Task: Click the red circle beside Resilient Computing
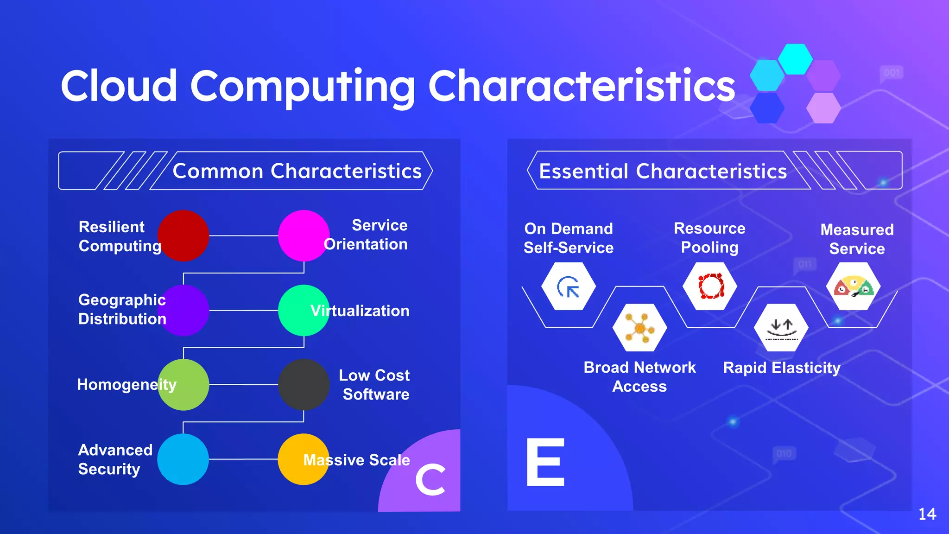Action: pyautogui.click(x=183, y=235)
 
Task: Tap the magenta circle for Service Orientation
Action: pyautogui.click(x=304, y=235)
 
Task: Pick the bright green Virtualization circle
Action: pyautogui.click(x=304, y=310)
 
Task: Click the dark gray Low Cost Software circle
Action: pyautogui.click(x=304, y=385)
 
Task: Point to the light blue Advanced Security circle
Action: pyautogui.click(x=183, y=459)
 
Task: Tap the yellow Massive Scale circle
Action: pyautogui.click(x=304, y=459)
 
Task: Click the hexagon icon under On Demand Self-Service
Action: pyautogui.click(x=569, y=286)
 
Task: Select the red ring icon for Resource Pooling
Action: pyautogui.click(x=710, y=286)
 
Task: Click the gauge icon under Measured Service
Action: pyautogui.click(x=854, y=286)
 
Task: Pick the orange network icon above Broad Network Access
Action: pyautogui.click(x=639, y=328)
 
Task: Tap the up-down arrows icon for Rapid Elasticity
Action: pyautogui.click(x=781, y=328)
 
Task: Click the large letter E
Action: pyautogui.click(x=546, y=462)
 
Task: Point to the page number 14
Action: pyautogui.click(x=927, y=514)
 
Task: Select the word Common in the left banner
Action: pyautogui.click(x=218, y=171)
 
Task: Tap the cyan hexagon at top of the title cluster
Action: pyautogui.click(x=795, y=59)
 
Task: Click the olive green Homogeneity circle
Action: pyautogui.click(x=183, y=385)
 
